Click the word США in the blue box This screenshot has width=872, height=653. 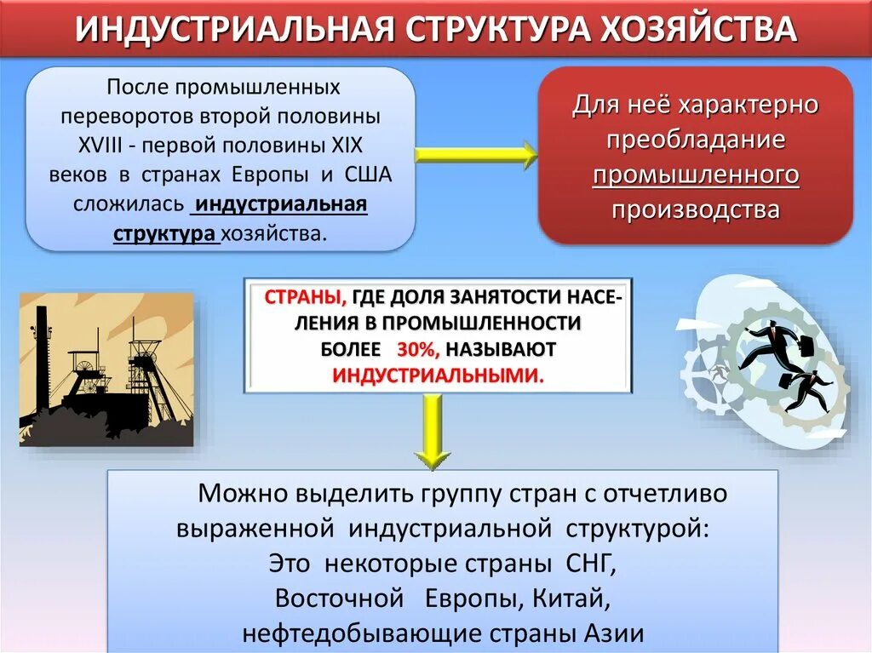click(368, 175)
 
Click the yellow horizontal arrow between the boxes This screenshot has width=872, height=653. click(477, 155)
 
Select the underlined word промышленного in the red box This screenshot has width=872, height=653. click(696, 175)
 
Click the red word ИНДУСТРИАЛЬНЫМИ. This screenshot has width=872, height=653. click(437, 375)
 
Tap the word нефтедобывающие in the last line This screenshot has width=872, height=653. click(359, 633)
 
